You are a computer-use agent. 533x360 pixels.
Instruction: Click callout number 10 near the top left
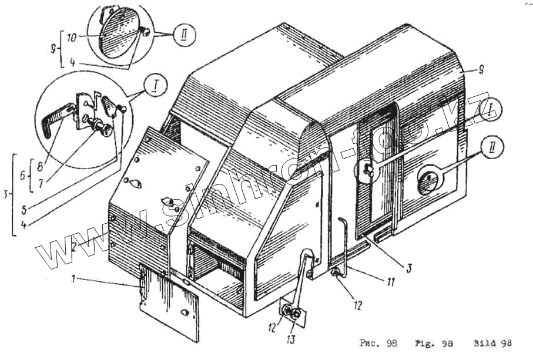coord(72,38)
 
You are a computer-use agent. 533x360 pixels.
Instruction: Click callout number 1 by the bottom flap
coord(74,280)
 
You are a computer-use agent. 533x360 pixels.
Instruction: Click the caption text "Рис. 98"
coord(378,342)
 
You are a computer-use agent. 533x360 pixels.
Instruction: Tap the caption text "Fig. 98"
coord(434,342)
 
